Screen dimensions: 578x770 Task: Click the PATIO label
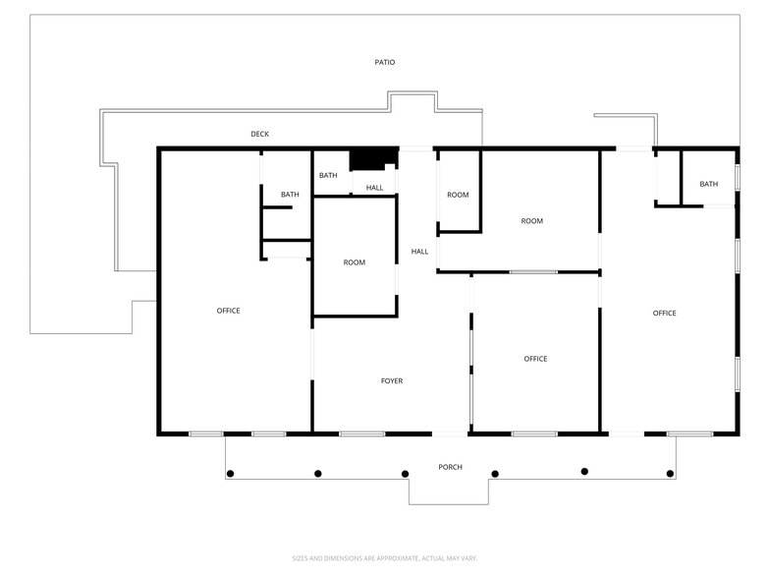(385, 62)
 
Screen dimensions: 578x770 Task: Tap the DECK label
(259, 134)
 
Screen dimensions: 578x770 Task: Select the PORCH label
(450, 467)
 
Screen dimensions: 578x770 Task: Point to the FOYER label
(392, 380)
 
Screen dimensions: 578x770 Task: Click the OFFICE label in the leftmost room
(228, 311)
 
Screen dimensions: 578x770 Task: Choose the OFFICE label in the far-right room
(664, 314)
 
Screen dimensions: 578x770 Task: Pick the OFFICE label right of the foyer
(535, 359)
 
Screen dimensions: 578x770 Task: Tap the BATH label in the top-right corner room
(708, 184)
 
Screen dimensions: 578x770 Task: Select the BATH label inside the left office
(290, 195)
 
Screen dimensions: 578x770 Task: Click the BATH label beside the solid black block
(328, 175)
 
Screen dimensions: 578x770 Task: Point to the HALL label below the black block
(375, 188)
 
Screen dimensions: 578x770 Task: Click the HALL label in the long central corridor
(419, 252)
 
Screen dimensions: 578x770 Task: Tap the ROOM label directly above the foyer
(355, 262)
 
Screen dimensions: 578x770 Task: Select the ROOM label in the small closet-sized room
(458, 195)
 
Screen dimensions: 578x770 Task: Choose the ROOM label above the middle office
(531, 221)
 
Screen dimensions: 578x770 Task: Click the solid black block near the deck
(373, 158)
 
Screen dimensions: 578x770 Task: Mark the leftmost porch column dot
(230, 474)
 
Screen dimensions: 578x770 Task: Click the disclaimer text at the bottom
(385, 557)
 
